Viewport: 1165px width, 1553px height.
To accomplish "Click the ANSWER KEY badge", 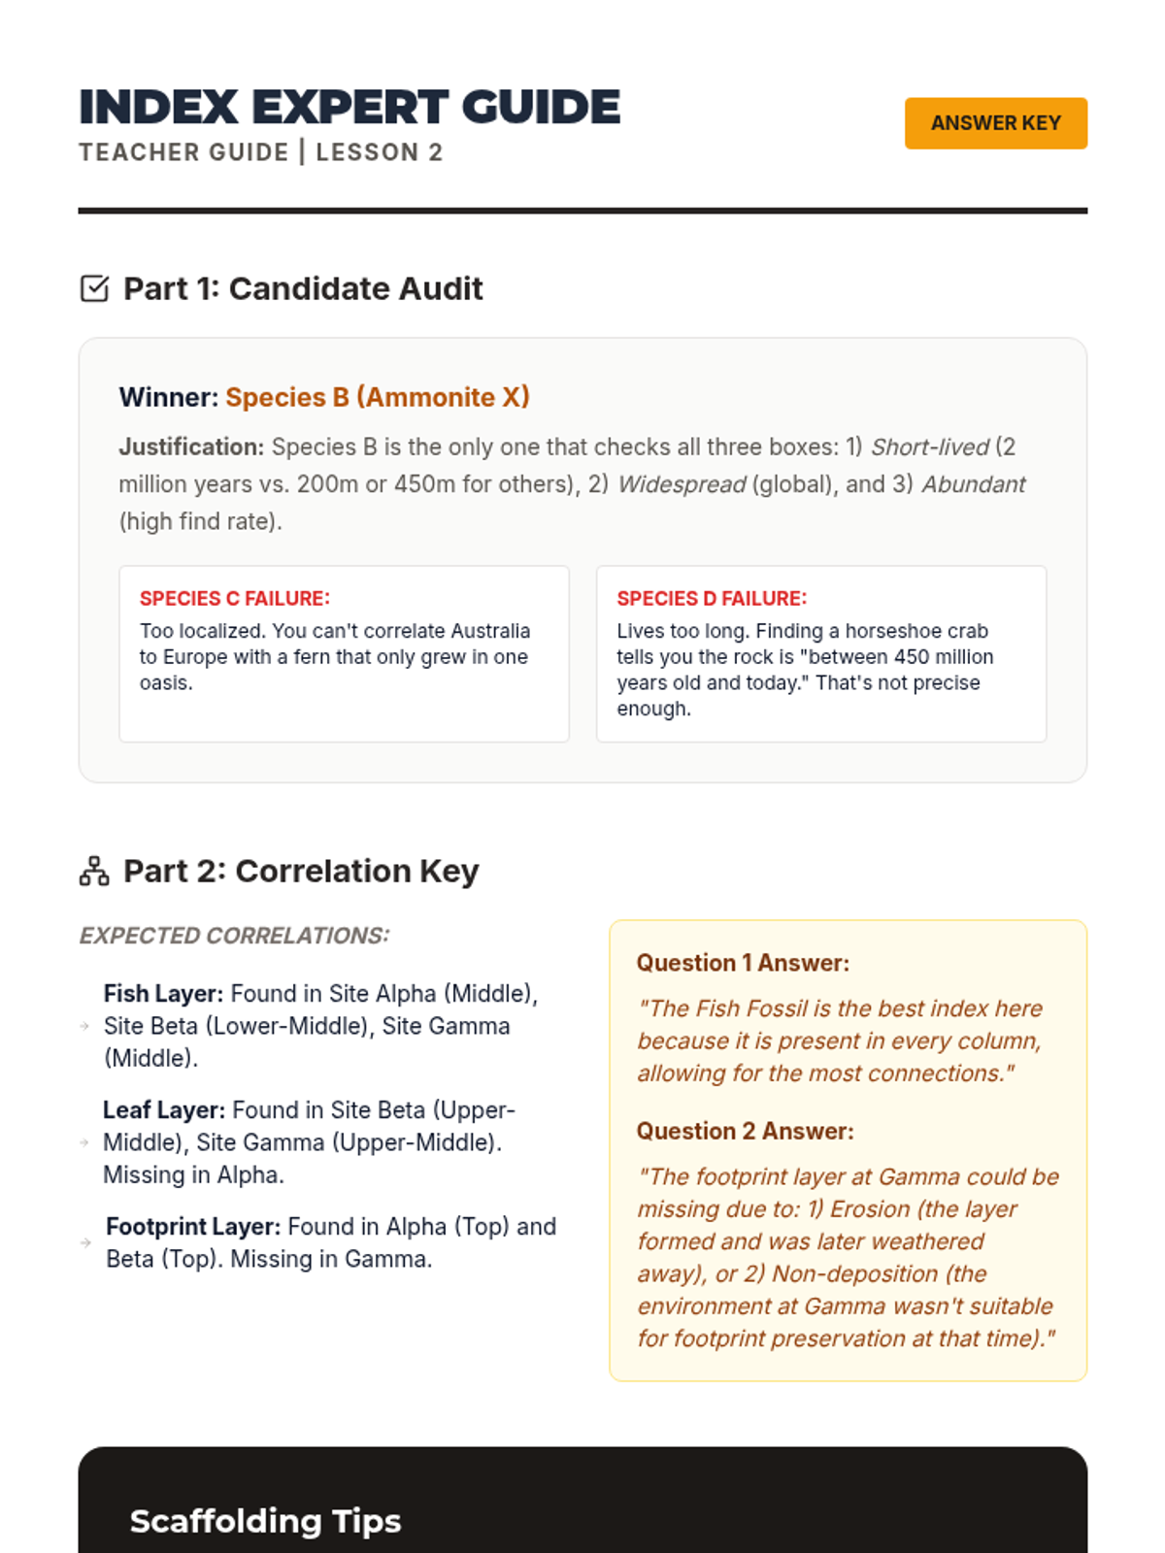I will pos(995,123).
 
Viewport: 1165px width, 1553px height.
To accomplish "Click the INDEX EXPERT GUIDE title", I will pos(349,107).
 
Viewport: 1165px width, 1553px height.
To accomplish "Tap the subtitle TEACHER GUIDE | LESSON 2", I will pos(261,152).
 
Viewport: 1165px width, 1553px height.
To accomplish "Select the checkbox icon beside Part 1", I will pos(94,288).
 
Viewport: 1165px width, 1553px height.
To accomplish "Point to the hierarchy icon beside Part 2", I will pos(94,871).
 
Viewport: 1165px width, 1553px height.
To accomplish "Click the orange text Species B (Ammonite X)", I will pos(378,397).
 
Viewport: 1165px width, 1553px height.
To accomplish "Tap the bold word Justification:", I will pos(191,446).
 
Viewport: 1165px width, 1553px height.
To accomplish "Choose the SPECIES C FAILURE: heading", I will pos(235,598).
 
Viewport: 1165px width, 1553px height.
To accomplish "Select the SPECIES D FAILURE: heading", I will pos(712,598).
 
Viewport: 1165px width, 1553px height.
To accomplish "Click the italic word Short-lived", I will pos(929,446).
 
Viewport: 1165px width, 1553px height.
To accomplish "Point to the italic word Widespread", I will pos(682,483).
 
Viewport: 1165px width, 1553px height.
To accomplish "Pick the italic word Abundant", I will pos(973,483).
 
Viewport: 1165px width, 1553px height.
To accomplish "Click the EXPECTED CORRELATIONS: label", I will pos(234,936).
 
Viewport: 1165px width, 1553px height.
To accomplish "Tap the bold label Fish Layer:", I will pos(163,994).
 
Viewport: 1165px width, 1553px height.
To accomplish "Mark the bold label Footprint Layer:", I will pos(193,1227).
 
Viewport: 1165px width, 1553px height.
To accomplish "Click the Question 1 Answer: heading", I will pos(743,963).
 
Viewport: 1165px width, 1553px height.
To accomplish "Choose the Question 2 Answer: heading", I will pos(745,1131).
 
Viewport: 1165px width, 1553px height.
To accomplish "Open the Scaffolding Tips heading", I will pos(265,1521).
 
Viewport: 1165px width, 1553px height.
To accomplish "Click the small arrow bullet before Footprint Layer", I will pos(85,1242).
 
